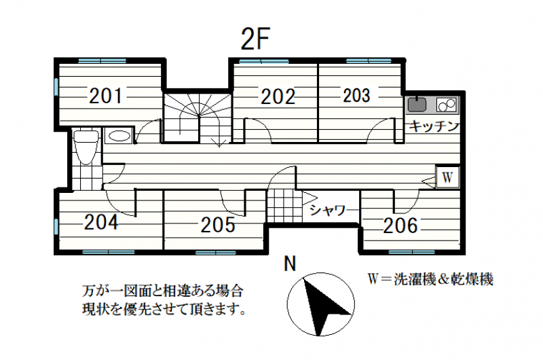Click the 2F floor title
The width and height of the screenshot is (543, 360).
pyautogui.click(x=256, y=40)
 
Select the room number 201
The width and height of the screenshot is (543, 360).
pyautogui.click(x=107, y=96)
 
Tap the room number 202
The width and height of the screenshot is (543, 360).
pyautogui.click(x=278, y=96)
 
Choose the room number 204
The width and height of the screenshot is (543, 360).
pyautogui.click(x=101, y=221)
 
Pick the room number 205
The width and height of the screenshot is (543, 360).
pyautogui.click(x=217, y=225)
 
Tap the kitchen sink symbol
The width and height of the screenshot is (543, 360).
pyautogui.click(x=415, y=106)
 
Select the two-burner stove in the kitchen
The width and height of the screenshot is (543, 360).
pyautogui.click(x=447, y=105)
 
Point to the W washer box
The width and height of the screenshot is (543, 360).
pyautogui.click(x=447, y=177)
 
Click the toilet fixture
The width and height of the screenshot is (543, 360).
pyautogui.click(x=86, y=145)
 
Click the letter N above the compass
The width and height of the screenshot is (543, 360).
pyautogui.click(x=291, y=263)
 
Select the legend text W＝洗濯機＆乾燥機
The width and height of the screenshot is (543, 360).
pyautogui.click(x=429, y=279)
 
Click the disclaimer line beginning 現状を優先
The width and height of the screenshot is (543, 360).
pyautogui.click(x=161, y=310)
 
